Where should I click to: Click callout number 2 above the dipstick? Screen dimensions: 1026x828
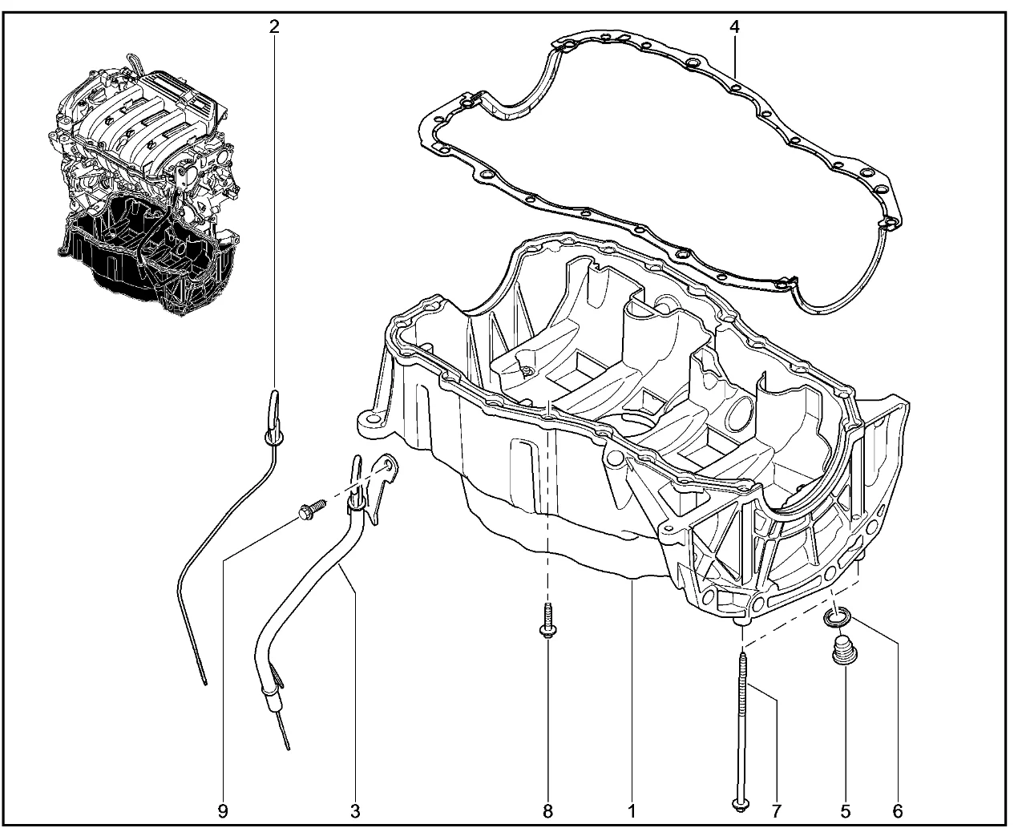tap(273, 27)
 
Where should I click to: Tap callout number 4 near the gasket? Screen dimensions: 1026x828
tap(733, 27)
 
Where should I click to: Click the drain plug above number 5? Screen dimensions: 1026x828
tap(845, 650)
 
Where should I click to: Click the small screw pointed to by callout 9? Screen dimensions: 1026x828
tap(312, 509)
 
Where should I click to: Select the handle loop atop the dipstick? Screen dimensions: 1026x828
tap(273, 407)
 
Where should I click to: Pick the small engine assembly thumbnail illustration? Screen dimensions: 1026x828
tap(144, 184)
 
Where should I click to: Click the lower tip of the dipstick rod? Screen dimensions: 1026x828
tap(206, 684)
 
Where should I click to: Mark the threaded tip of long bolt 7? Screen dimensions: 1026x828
tap(744, 655)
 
